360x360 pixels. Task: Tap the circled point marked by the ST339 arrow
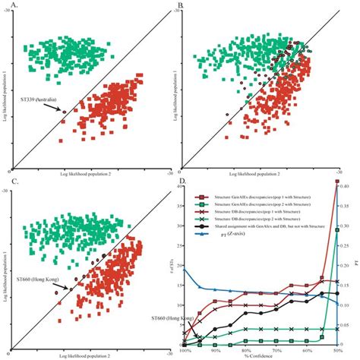pos(64,112)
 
